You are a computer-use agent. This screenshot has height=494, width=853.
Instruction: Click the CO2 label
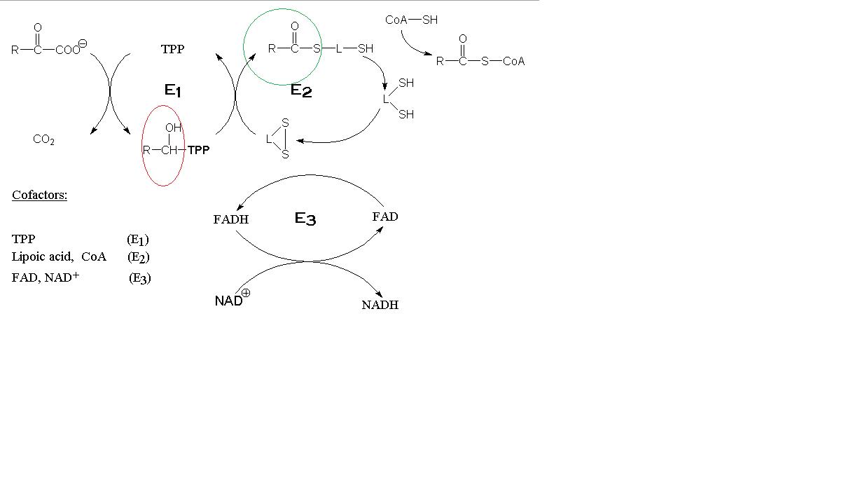point(43,139)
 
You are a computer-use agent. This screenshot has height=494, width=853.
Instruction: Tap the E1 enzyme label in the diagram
point(173,90)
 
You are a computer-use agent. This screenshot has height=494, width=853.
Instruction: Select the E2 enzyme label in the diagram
point(301,90)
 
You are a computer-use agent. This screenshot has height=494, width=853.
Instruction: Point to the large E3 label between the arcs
point(305,219)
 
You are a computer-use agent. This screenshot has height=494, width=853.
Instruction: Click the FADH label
point(231,219)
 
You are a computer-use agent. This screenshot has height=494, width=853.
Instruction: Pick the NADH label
point(380,305)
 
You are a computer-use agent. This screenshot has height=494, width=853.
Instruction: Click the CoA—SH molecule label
point(411,20)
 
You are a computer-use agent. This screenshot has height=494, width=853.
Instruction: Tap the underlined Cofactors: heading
point(39,195)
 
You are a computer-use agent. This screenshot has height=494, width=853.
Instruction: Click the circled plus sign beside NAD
point(246,294)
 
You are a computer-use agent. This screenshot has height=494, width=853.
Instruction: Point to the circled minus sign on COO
point(83,44)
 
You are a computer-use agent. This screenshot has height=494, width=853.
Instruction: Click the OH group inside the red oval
point(173,128)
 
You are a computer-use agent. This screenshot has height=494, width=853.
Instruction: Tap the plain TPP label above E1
point(172,49)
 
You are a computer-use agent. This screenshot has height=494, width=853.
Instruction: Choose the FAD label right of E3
point(384,217)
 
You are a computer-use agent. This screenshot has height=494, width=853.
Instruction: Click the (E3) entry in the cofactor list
point(140,277)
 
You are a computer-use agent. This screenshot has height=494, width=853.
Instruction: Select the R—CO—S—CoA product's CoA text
point(513,61)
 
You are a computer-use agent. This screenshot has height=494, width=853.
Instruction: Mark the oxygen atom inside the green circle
point(295,27)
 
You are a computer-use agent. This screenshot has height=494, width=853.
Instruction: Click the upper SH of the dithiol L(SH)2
point(406,83)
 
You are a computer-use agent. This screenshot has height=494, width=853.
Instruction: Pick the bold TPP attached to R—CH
point(198,150)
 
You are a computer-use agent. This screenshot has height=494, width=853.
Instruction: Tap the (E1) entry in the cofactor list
point(138,239)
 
